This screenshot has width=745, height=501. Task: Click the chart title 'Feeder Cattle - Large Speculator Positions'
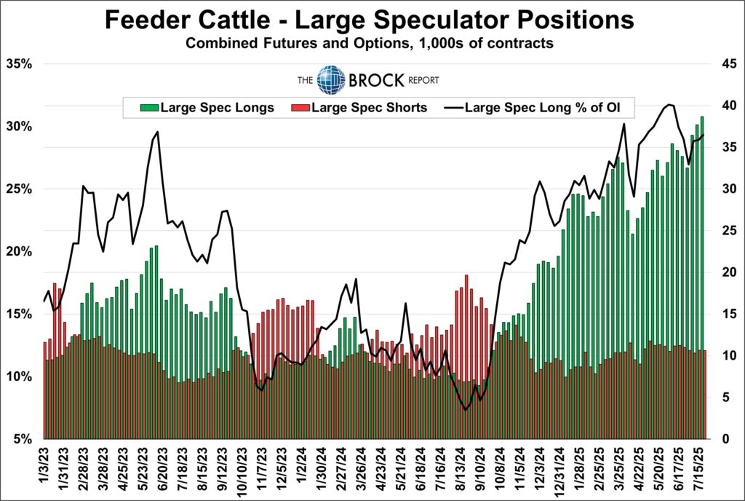pos(370,20)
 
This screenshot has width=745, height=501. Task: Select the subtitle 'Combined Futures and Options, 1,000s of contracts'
pos(370,44)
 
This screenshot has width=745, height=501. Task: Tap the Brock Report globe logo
pos(331,79)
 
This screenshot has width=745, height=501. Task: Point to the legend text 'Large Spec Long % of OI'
pos(549,109)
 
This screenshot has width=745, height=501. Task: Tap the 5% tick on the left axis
pos(23,439)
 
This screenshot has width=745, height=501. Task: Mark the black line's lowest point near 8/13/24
pos(466,410)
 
